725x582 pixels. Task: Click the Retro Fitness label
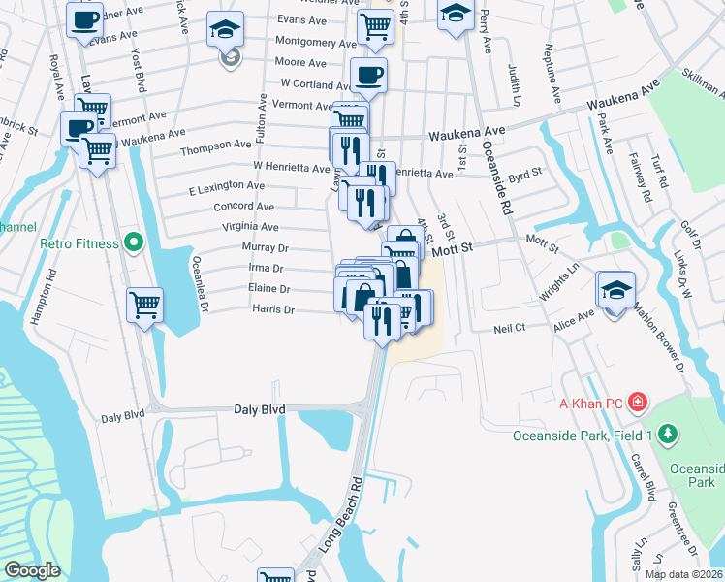click(x=78, y=242)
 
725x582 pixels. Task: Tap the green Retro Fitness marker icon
click(x=135, y=242)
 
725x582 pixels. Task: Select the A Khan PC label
click(x=586, y=401)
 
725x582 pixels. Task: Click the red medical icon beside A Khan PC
click(x=638, y=401)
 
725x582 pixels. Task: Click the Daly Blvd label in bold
click(x=260, y=410)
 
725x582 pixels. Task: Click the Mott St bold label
click(x=452, y=249)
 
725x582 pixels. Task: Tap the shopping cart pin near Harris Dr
click(x=145, y=305)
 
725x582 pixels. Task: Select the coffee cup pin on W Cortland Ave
click(x=368, y=75)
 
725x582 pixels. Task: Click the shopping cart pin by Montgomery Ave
click(x=374, y=26)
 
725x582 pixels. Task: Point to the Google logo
click(x=32, y=570)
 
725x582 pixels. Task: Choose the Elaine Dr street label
click(x=271, y=289)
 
